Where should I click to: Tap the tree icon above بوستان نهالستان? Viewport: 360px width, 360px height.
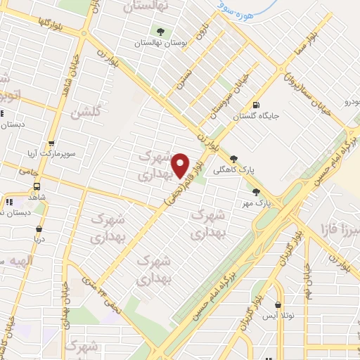point(161,32)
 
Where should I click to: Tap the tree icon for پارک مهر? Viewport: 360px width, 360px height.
point(256,191)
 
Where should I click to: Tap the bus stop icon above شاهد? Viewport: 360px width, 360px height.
point(37,187)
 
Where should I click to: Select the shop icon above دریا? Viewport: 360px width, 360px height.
point(39,229)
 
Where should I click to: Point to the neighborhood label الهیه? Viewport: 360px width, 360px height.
point(21,262)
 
